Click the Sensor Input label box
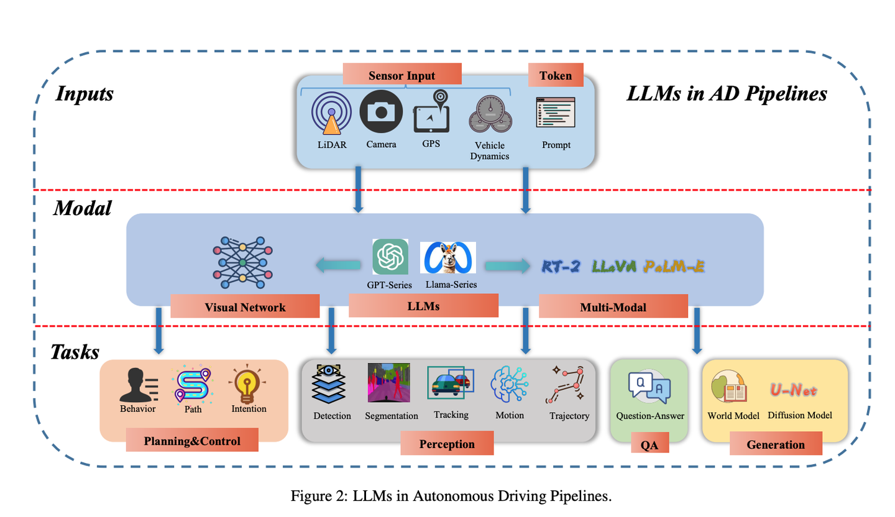point(402,76)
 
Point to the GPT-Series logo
point(390,256)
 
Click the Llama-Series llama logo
point(447,257)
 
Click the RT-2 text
point(561,267)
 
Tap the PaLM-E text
point(674,267)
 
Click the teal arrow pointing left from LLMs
point(339,266)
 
